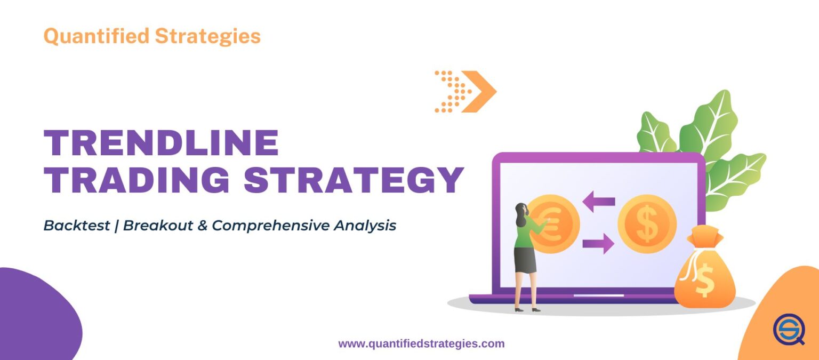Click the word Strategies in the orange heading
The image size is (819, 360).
pyautogui.click(x=207, y=36)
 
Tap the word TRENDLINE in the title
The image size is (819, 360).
pyautogui.click(x=161, y=143)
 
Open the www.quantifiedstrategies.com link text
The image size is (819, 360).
pyautogui.click(x=421, y=344)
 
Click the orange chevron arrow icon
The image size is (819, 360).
pyautogui.click(x=478, y=91)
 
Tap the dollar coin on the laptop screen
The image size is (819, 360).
pyautogui.click(x=647, y=223)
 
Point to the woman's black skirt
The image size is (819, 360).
pyautogui.click(x=525, y=260)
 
